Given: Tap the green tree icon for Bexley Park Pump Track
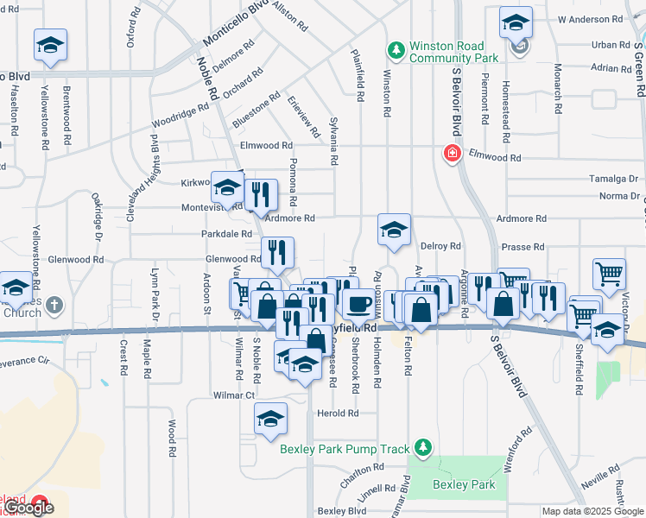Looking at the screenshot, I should pos(422,447).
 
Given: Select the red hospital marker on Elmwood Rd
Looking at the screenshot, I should pos(451,155).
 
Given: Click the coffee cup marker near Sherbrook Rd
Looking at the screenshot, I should pos(358,303).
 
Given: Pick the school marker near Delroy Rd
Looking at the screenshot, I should pos(394,230).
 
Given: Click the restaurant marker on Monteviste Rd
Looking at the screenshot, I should pos(260,194).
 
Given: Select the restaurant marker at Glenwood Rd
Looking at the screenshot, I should pos(277,252).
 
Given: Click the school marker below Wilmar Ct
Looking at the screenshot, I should pos(270,420).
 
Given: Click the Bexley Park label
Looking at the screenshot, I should pos(465,485).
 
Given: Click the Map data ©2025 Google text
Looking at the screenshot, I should pos(592,511).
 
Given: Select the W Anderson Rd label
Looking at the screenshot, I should pos(590,18).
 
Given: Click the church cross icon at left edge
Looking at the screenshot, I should pos(54,304).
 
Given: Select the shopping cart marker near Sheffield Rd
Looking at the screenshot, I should pos(609,274).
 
